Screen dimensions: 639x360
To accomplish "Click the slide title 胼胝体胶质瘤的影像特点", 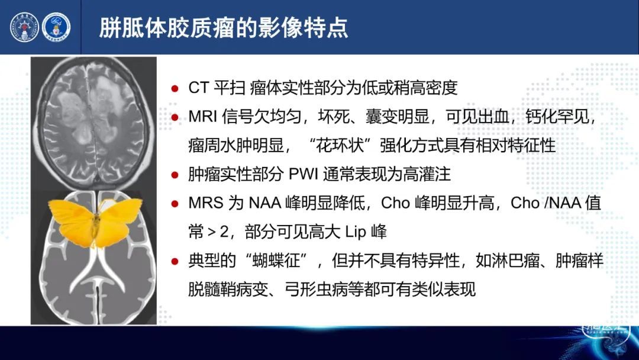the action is point(223,28).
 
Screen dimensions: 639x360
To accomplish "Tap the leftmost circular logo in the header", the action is point(24,27).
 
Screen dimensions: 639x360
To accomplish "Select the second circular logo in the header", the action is point(56,27).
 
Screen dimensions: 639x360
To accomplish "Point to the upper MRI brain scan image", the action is point(93,124).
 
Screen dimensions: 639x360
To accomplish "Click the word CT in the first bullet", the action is point(198,88).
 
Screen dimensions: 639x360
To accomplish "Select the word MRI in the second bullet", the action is point(202,117).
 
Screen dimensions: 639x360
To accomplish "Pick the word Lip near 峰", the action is point(356,232).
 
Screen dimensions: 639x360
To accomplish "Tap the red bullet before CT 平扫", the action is point(175,88).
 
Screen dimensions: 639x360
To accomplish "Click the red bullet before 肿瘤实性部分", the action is point(175,175).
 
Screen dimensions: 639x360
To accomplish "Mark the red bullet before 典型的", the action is point(175,261).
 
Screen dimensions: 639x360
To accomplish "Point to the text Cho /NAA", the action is point(546,202).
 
